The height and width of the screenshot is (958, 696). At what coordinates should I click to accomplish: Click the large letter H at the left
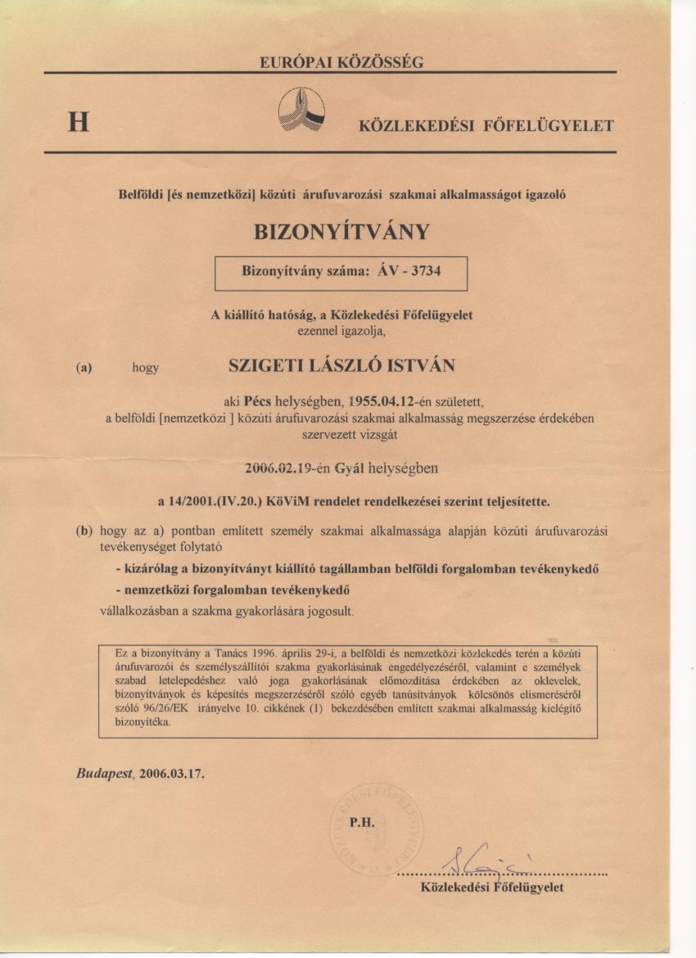coord(79,124)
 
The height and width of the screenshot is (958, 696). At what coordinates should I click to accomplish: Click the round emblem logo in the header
coord(301,110)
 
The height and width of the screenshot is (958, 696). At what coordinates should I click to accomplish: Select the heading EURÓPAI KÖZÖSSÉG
coord(341,62)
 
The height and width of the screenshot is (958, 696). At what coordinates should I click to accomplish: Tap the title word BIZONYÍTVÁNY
coord(341,232)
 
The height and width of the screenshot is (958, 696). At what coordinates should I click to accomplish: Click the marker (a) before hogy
coord(84,368)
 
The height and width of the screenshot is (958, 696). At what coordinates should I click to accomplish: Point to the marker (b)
coord(84,531)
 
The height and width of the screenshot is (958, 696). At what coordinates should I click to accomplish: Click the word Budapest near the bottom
coord(104,773)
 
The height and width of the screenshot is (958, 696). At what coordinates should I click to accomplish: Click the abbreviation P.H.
coord(362,825)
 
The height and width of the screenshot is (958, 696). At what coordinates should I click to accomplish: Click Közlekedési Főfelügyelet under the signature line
coord(491,888)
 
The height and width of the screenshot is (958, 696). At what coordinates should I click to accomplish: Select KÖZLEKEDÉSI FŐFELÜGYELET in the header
coord(486,126)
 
